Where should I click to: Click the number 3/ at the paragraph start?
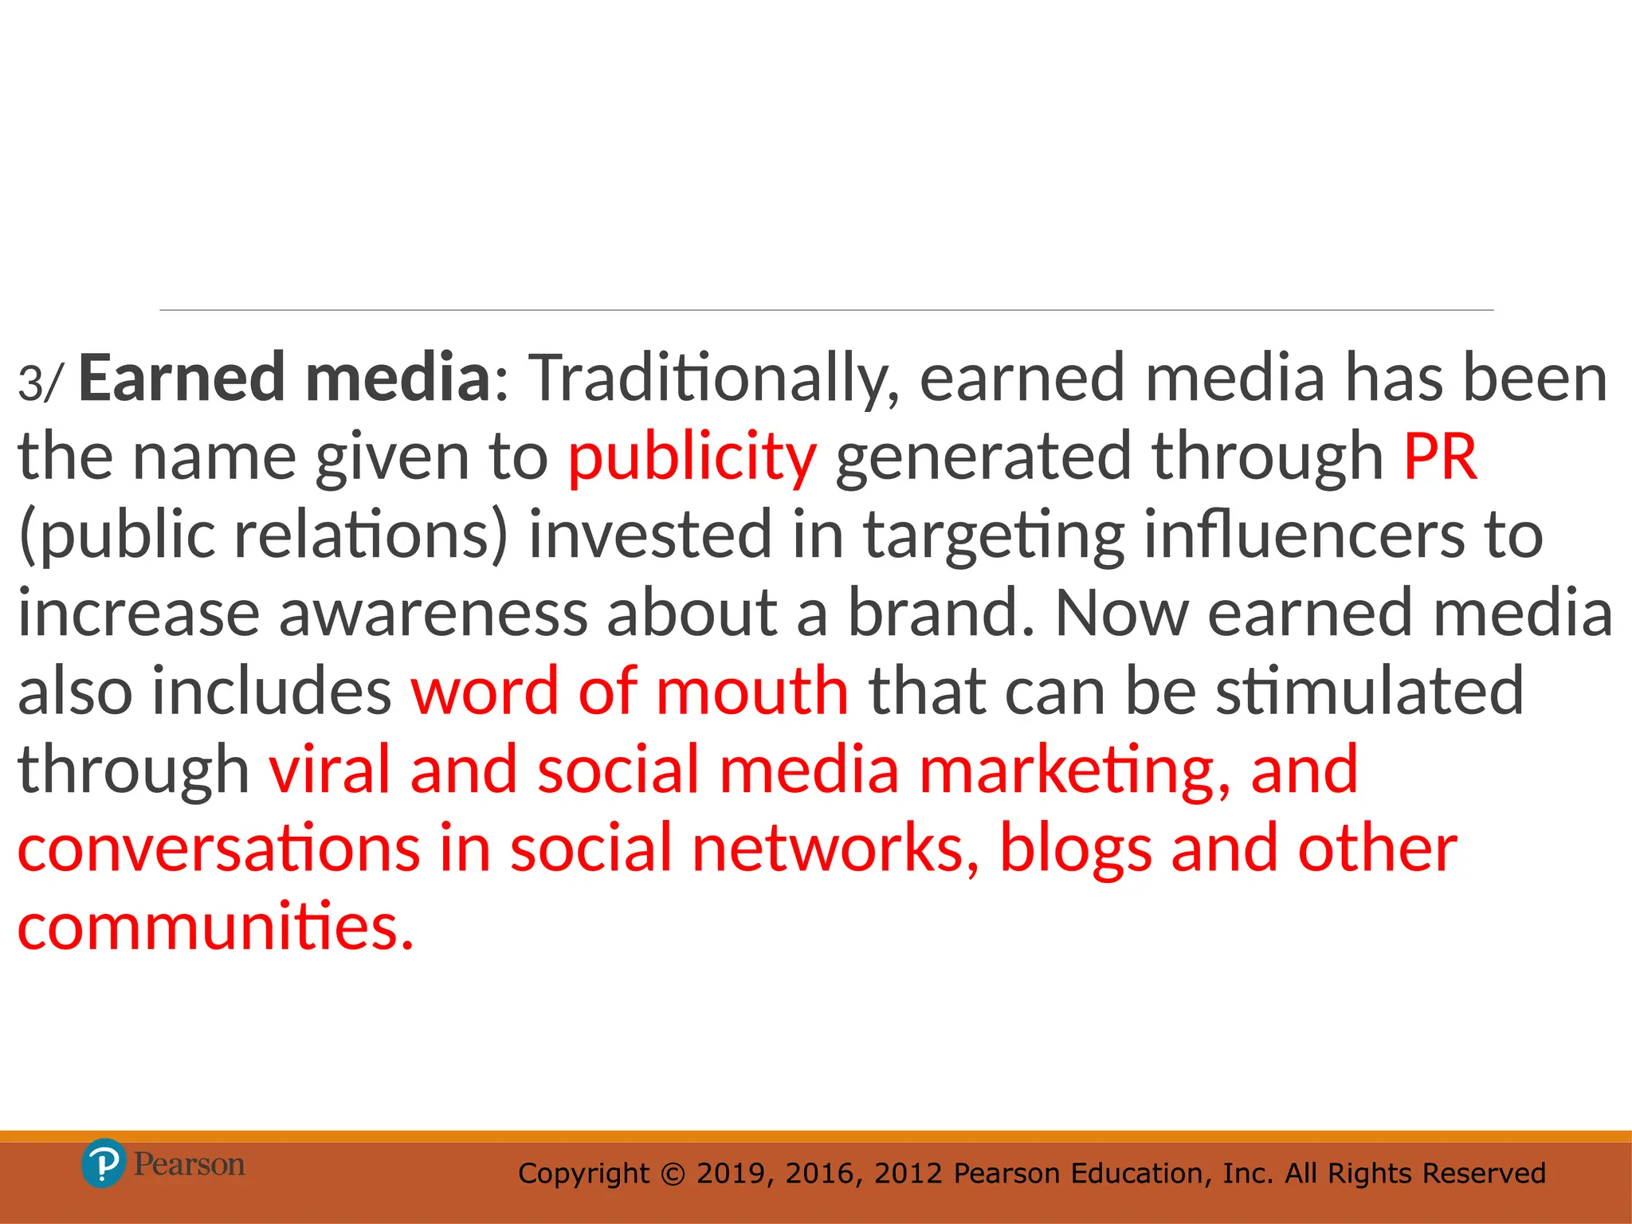click(38, 382)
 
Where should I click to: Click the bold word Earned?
click(182, 378)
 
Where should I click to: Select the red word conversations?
click(218, 848)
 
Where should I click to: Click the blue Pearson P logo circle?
click(104, 1163)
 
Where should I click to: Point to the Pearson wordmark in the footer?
click(189, 1164)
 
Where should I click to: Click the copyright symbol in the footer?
click(673, 1174)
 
